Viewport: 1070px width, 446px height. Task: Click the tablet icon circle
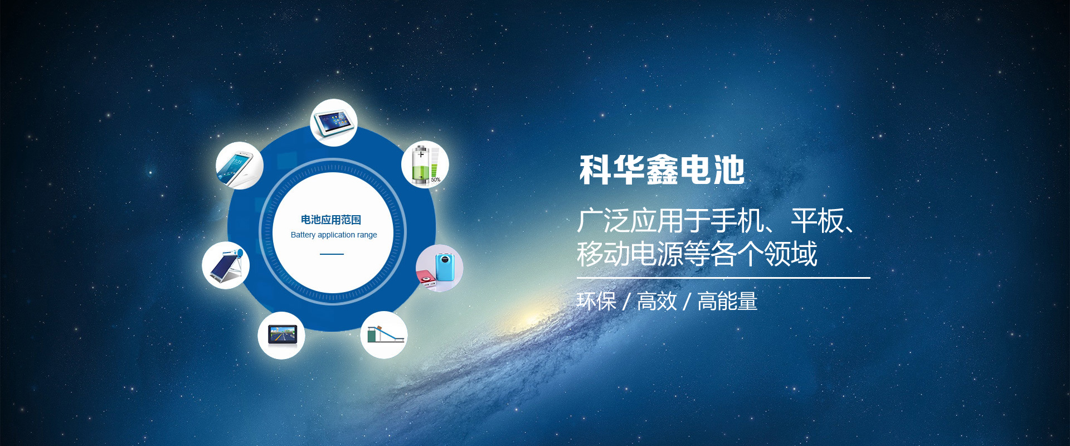pyautogui.click(x=334, y=123)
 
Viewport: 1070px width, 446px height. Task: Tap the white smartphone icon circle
pyautogui.click(x=240, y=166)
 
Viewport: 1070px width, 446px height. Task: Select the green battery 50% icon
pyautogui.click(x=425, y=164)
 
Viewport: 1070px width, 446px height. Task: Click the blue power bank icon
pyautogui.click(x=440, y=268)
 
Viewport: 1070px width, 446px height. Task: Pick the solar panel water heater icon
pyautogui.click(x=226, y=265)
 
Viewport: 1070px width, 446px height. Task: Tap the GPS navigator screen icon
pyautogui.click(x=281, y=335)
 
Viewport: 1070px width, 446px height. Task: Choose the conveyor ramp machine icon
pyautogui.click(x=384, y=334)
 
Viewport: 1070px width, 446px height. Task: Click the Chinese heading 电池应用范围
pyautogui.click(x=331, y=220)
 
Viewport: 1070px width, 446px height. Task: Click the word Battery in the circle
pyautogui.click(x=303, y=235)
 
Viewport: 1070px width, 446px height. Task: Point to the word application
pyautogui.click(x=337, y=235)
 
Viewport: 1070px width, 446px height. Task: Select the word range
pyautogui.click(x=367, y=235)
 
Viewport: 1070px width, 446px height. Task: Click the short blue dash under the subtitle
pyautogui.click(x=332, y=254)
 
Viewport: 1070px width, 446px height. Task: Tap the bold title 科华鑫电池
pyautogui.click(x=662, y=170)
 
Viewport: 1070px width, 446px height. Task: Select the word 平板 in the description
pyautogui.click(x=817, y=221)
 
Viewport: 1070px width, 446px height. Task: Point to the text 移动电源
pyautogui.click(x=630, y=254)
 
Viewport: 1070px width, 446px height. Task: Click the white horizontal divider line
pyautogui.click(x=723, y=278)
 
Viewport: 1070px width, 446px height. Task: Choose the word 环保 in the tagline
pyautogui.click(x=597, y=302)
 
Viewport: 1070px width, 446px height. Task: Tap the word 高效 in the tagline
pyautogui.click(x=657, y=302)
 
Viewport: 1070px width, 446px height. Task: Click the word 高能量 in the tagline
pyautogui.click(x=727, y=302)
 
